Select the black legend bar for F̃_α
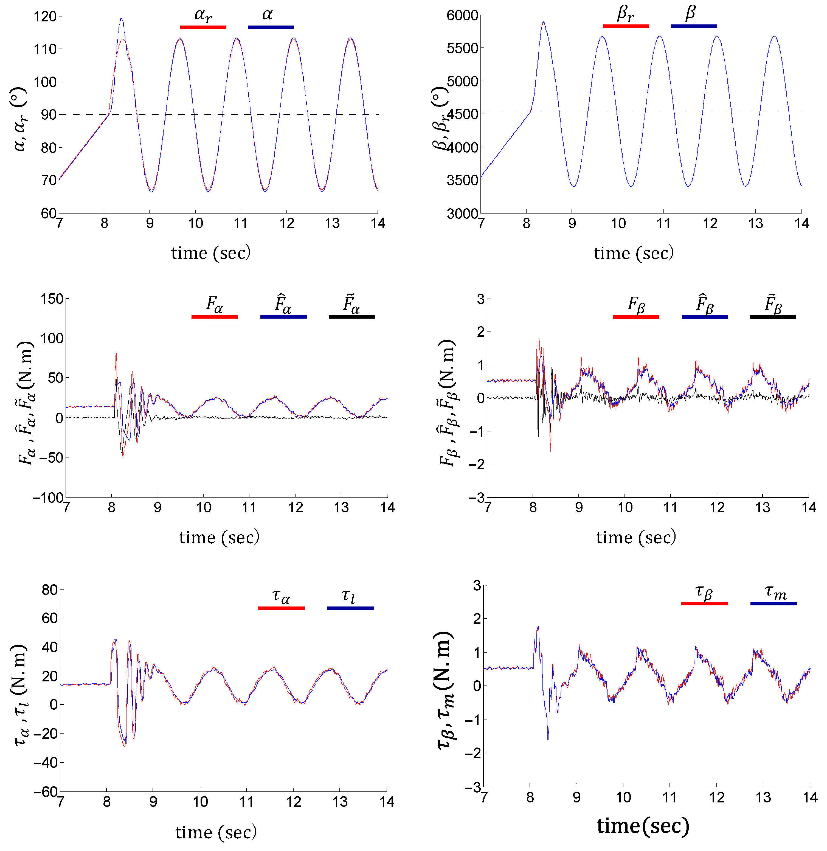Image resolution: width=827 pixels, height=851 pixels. pos(351,317)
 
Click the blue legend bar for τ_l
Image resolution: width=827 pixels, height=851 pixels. pos(350,608)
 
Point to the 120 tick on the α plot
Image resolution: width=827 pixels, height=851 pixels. pos(45,16)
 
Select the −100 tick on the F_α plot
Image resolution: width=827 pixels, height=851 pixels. pos(48,497)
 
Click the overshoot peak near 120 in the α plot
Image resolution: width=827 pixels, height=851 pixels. pos(121,19)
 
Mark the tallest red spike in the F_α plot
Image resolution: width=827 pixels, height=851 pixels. pos(116,354)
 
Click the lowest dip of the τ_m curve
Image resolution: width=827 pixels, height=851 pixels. pos(548,739)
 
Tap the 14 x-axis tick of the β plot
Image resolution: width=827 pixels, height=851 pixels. pos(802,224)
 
